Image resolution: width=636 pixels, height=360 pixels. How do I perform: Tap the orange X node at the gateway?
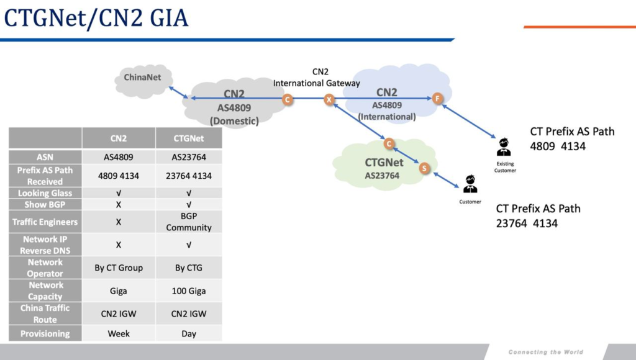[x=330, y=99]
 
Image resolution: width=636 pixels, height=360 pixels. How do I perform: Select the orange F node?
[x=437, y=99]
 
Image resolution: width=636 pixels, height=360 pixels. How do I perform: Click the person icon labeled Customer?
[x=470, y=184]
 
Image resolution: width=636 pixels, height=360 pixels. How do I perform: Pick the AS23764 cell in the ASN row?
[x=189, y=158]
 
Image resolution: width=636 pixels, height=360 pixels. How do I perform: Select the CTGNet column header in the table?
[x=189, y=138]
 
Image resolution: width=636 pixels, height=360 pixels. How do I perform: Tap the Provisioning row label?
[x=45, y=333]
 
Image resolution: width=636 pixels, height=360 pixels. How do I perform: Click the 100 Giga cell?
[x=189, y=290]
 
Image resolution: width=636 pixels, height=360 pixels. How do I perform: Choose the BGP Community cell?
[x=189, y=222]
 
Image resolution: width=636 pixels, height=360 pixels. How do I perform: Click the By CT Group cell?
[x=119, y=268]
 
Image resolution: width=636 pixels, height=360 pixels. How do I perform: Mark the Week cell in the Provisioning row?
[x=119, y=333]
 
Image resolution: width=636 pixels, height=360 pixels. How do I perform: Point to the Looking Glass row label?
[x=45, y=193]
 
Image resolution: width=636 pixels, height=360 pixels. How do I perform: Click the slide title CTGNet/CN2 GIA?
[x=96, y=18]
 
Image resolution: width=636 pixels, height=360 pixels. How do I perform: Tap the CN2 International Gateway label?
[x=317, y=78]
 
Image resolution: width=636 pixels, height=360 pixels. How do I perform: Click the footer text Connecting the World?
[x=545, y=352]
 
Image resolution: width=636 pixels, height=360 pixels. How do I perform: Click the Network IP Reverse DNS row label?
[x=45, y=245]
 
